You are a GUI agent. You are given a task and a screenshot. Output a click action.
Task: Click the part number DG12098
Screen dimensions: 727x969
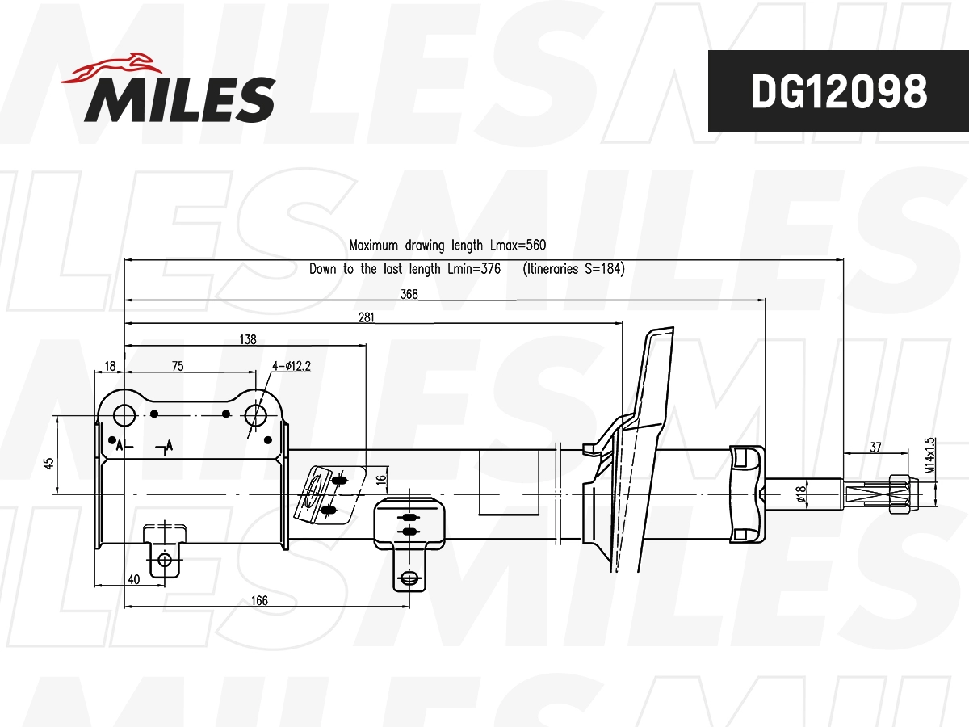838,92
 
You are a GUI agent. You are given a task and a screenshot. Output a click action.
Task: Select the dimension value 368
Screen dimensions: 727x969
409,295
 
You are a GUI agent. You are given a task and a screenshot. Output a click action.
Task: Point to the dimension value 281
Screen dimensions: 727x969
366,318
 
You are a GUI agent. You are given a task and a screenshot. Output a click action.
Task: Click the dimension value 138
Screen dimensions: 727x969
248,341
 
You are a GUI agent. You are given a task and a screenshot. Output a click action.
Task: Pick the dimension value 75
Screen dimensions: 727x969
178,366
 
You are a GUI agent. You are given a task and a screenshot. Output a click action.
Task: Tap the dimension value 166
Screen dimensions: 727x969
259,600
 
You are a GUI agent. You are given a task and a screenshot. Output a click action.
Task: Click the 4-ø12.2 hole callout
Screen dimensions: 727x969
292,366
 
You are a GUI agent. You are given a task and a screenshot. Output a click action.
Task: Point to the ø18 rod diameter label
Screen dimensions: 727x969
801,494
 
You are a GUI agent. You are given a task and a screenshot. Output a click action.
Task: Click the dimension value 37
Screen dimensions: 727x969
875,447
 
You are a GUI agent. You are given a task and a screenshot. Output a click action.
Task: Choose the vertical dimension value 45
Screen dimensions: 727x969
49,463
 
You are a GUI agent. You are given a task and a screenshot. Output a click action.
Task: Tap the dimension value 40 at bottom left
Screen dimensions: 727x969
134,578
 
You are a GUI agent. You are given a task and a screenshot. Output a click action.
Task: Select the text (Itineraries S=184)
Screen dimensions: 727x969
573,269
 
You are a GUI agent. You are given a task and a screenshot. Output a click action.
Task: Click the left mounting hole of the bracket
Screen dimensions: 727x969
124,415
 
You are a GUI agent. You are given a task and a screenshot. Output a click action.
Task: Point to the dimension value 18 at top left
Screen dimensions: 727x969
111,366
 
